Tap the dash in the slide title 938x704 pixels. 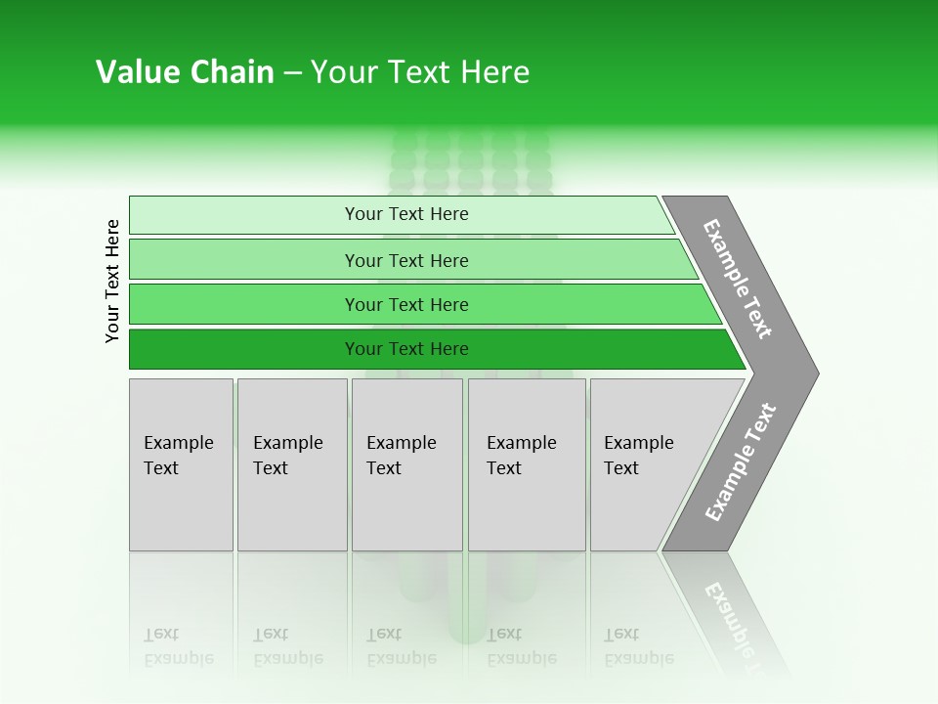click(x=292, y=73)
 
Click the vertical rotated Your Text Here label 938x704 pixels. click(x=112, y=281)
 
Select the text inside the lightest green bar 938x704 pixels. click(x=406, y=214)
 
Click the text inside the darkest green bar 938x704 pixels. click(x=406, y=349)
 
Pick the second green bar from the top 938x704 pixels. click(x=406, y=260)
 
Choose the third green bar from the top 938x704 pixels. click(x=406, y=304)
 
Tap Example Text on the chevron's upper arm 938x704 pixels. click(x=738, y=279)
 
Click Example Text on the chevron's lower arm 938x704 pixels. click(x=741, y=462)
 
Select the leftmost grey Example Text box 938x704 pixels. click(x=181, y=464)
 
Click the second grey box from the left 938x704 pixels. click(x=291, y=464)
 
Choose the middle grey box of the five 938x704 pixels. click(x=406, y=464)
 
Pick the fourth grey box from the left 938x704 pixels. click(x=526, y=464)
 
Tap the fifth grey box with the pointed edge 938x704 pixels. click(x=645, y=464)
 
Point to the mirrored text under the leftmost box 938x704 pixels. click(x=178, y=646)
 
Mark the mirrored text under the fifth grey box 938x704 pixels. click(x=638, y=646)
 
